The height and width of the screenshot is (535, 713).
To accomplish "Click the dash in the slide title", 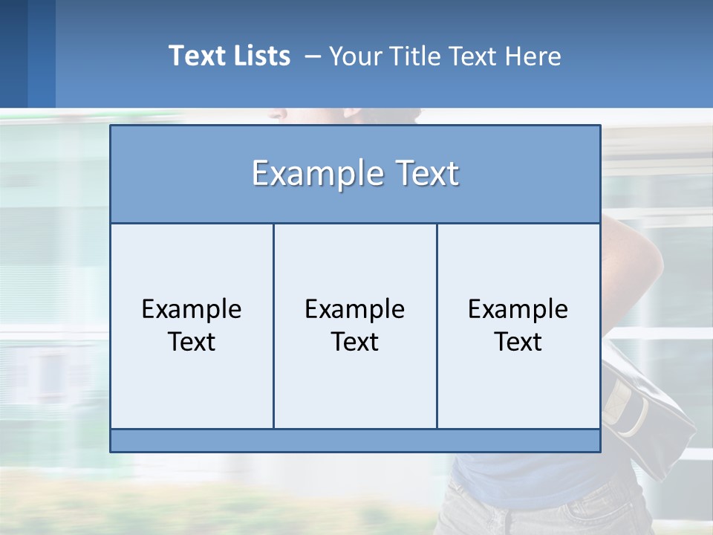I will (312, 56).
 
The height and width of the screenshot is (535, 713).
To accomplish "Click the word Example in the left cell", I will (192, 309).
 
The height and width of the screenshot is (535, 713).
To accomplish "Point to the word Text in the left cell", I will (192, 342).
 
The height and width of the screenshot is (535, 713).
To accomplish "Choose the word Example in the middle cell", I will (355, 309).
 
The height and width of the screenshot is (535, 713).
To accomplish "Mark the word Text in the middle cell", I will (355, 342).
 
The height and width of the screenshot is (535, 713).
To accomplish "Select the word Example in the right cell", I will (518, 309).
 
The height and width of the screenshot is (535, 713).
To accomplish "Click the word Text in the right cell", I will (518, 342).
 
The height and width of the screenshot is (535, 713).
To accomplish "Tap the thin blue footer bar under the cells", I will (355, 441).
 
